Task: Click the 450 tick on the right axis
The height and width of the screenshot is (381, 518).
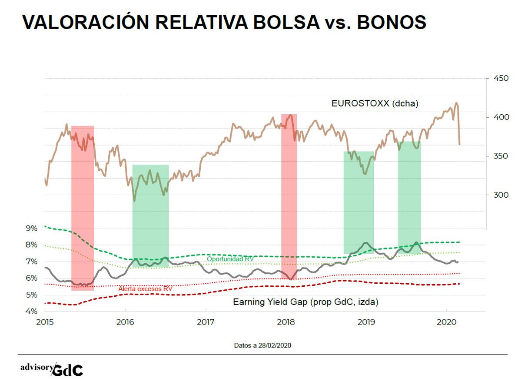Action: point(501,79)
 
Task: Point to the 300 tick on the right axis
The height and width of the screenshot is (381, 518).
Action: point(501,195)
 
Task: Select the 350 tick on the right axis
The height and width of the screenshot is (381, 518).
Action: point(501,156)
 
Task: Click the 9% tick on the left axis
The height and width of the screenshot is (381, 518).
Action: point(32,228)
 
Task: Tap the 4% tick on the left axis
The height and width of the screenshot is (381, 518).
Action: point(32,311)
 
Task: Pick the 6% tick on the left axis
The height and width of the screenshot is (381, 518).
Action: point(32,278)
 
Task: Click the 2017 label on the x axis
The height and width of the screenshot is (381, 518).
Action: point(206,322)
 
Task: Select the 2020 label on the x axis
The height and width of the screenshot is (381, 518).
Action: point(447,322)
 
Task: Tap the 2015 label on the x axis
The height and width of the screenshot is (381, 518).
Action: point(45,322)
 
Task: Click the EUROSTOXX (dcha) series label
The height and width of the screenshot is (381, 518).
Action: point(375,103)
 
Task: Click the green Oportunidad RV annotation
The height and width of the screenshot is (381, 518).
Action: point(230,259)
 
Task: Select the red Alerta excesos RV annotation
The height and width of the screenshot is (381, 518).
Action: point(145,288)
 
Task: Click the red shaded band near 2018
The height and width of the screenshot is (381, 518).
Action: point(289,195)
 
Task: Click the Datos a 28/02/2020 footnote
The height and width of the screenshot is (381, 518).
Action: point(262,346)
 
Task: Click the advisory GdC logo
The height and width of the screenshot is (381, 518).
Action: point(52,369)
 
